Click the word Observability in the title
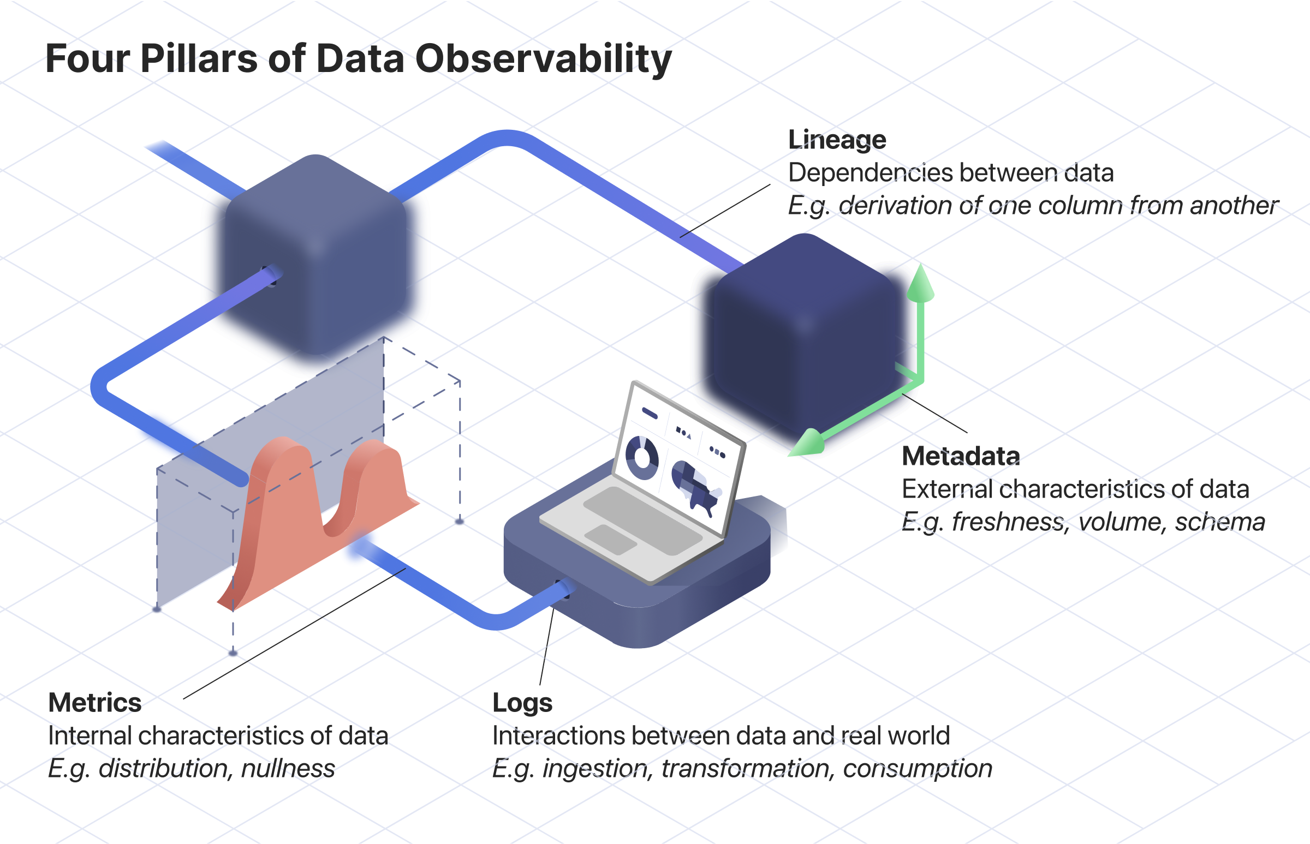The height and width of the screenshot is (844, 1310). tap(543, 59)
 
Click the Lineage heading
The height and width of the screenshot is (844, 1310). tap(837, 140)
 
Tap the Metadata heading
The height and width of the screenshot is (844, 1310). tap(961, 456)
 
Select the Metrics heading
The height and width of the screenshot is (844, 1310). tap(95, 703)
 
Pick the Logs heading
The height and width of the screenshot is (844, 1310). tap(522, 703)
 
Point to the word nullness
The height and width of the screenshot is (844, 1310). tap(288, 768)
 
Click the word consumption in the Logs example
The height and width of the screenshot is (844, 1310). tap(918, 768)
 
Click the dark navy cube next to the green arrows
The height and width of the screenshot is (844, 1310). tap(803, 334)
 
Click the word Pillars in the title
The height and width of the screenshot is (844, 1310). tap(199, 59)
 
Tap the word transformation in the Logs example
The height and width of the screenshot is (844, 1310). tap(745, 768)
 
